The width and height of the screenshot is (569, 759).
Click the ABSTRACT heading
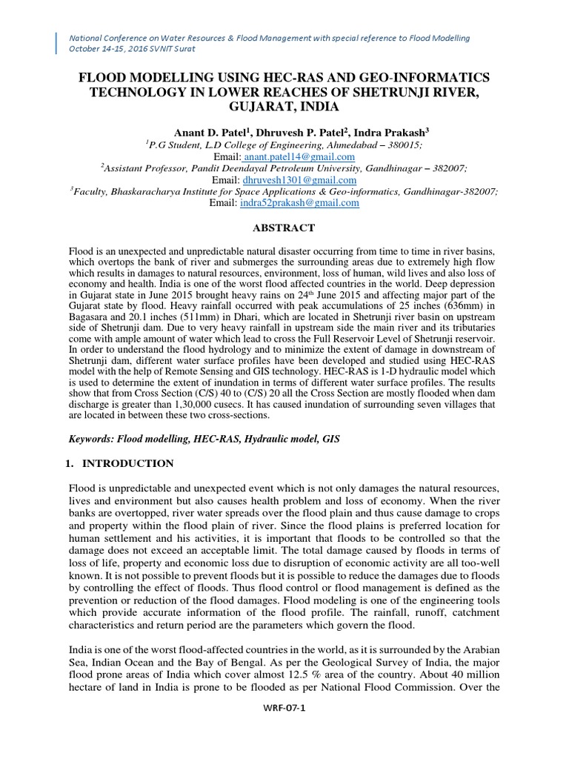pos(284,228)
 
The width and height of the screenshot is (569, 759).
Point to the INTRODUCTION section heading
pos(128,463)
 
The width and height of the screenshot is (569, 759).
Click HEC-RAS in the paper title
pos(282,78)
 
